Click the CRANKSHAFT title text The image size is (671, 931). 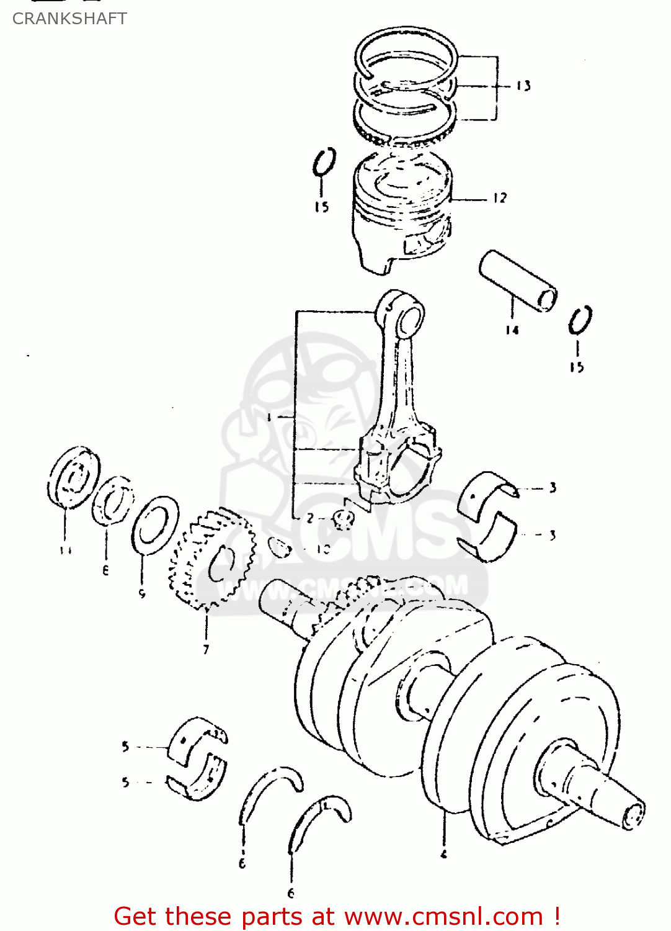click(x=69, y=19)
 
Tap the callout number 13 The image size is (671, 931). click(x=523, y=86)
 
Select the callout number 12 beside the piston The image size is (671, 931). click(x=500, y=198)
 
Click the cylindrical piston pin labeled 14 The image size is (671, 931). click(x=517, y=281)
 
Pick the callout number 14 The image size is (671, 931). click(x=512, y=330)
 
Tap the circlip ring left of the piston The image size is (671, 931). click(x=324, y=163)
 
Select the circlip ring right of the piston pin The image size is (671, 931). click(x=580, y=320)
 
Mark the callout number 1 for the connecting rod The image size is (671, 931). click(x=269, y=418)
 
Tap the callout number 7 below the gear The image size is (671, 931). click(x=206, y=649)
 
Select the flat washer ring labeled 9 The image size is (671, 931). click(x=155, y=525)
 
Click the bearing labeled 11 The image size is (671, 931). click(x=73, y=477)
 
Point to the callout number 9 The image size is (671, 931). click(x=142, y=594)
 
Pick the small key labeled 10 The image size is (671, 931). click(x=280, y=547)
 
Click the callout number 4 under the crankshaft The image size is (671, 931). click(x=444, y=854)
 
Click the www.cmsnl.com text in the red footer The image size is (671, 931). click(x=443, y=916)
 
